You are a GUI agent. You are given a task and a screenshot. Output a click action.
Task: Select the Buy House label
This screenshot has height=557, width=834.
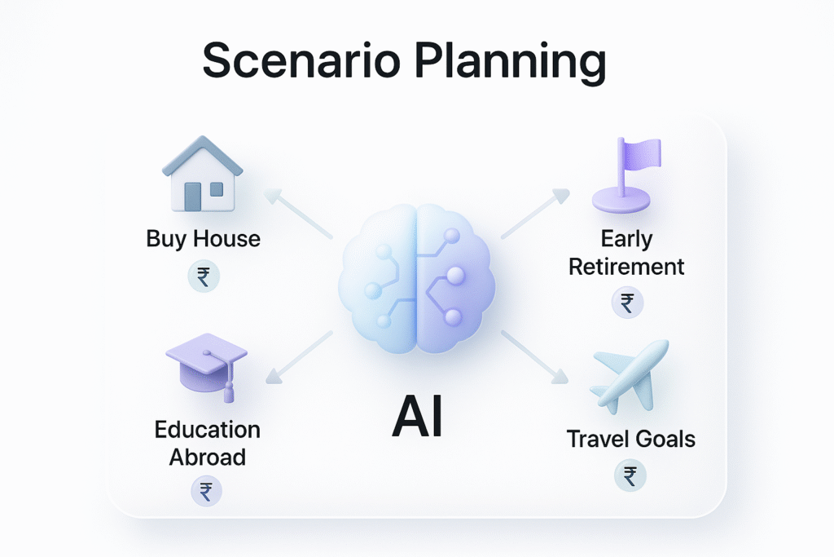click(x=204, y=239)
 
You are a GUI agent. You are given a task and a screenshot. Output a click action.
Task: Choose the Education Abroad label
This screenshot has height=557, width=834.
click(x=208, y=443)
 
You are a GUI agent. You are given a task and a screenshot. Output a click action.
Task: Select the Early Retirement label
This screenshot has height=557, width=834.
click(x=626, y=253)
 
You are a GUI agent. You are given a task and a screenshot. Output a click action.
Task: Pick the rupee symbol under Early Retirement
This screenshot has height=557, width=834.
click(x=627, y=303)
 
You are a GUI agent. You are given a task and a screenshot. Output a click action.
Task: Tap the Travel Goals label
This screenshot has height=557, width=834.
click(x=631, y=439)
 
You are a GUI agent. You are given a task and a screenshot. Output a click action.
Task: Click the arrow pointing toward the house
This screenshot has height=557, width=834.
click(x=296, y=214)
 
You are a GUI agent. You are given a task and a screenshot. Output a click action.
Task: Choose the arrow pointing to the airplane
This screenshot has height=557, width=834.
click(x=534, y=356)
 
